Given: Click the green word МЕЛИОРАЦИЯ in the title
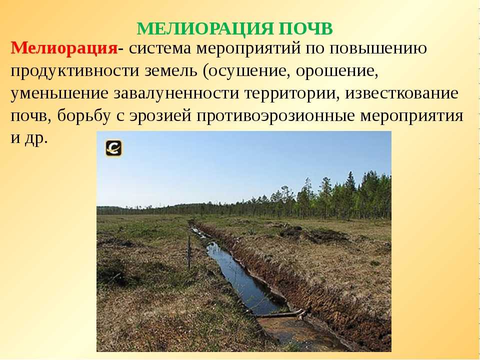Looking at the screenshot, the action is pyautogui.click(x=204, y=29).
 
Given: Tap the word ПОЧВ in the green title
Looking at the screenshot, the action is pyautogui.click(x=306, y=29).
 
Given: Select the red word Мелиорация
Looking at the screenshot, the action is pyautogui.click(x=64, y=48).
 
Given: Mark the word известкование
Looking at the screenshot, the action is pyautogui.click(x=402, y=93).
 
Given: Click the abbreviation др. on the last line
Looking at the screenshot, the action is pyautogui.click(x=36, y=139).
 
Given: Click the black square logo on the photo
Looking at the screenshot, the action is pyautogui.click(x=114, y=148).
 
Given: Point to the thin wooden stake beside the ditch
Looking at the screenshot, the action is pyautogui.click(x=189, y=253).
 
